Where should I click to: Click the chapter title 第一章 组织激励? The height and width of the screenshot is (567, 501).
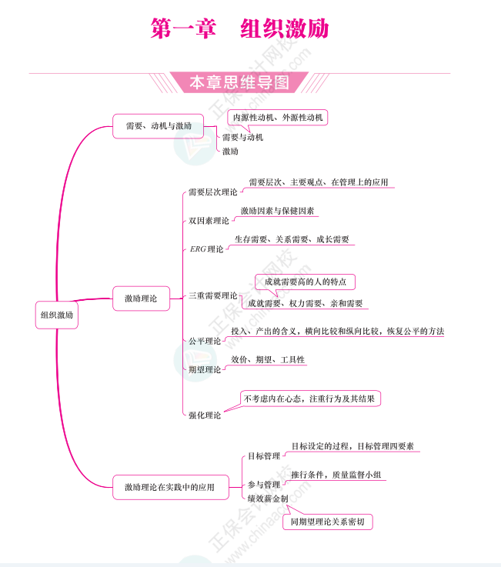coord(239,29)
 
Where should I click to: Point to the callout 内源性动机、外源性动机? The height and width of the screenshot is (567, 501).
coord(279,118)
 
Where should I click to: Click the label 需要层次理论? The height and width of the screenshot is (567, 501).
coord(212,192)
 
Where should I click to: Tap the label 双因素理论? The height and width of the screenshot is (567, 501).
coord(209,221)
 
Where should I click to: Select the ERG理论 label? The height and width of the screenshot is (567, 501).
coord(206,249)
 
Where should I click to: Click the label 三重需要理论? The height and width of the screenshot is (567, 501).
coord(212,295)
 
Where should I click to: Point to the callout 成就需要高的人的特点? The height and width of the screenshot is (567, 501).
coord(305,282)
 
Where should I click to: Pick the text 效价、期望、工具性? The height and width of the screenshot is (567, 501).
coord(268,359)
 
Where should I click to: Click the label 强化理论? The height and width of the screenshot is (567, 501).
coord(205,415)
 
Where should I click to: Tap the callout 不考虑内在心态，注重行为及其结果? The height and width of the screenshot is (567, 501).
coord(311,399)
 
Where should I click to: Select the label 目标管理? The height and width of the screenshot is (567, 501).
coord(263,456)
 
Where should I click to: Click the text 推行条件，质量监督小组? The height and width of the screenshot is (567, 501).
coord(336,475)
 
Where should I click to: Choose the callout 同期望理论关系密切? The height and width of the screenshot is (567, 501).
coord(328,522)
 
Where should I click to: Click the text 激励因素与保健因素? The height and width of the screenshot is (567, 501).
coord(277,211)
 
